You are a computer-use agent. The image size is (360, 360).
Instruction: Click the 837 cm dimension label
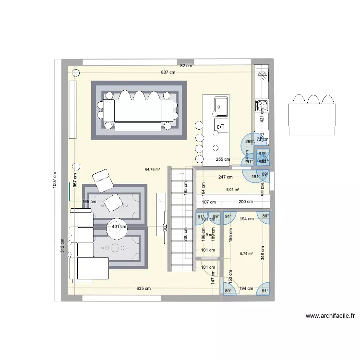(168, 72)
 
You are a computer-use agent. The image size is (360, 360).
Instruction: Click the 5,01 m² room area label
(233, 189)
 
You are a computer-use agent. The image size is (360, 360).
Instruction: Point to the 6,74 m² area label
(246, 253)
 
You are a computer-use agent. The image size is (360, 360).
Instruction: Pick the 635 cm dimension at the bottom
(144, 288)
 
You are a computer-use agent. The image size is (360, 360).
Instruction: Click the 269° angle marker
(249, 142)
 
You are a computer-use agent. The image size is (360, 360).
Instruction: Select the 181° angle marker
(256, 176)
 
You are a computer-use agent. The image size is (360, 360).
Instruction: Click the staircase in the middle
(181, 220)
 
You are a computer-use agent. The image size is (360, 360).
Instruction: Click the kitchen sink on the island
(221, 104)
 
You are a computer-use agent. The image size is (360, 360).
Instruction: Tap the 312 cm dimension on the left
(63, 246)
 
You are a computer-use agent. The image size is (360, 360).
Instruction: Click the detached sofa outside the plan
(312, 114)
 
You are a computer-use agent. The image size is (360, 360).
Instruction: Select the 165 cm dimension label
(89, 202)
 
